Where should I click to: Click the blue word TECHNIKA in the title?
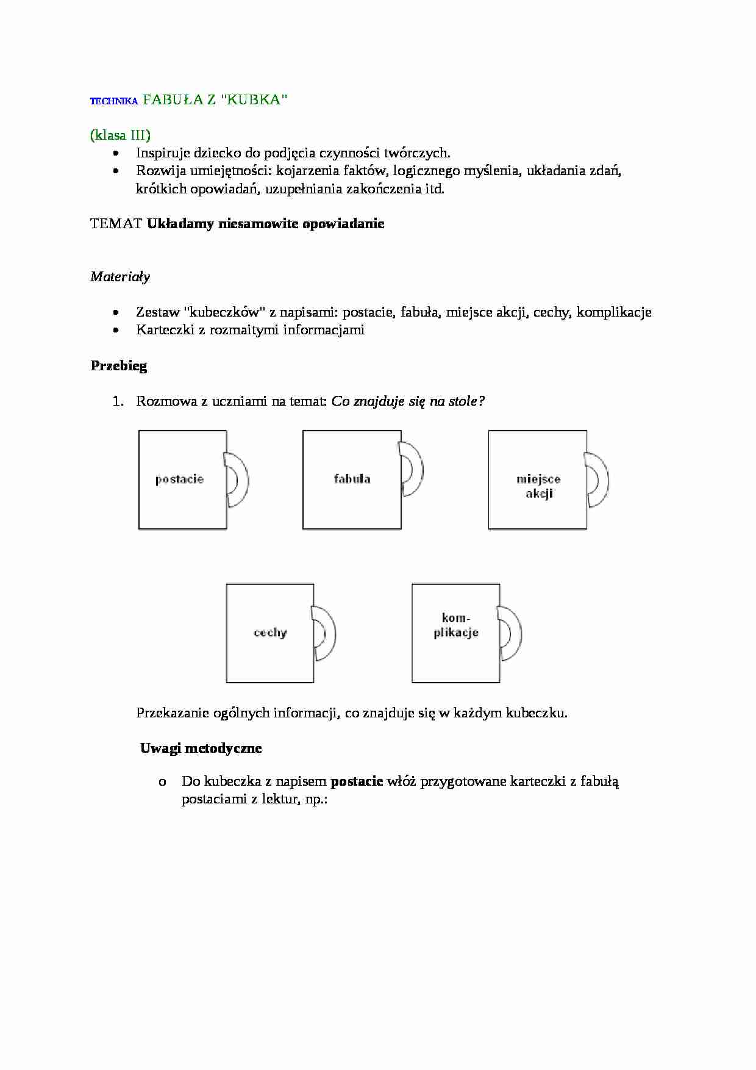[114, 102]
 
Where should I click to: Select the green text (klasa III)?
[120, 135]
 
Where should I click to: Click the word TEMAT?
[116, 223]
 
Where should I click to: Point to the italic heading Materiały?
[120, 277]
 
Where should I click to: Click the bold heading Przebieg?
[119, 366]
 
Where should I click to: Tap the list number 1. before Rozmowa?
[118, 401]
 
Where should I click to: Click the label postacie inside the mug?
[179, 479]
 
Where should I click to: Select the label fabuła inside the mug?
[352, 479]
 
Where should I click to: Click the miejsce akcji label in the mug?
[538, 486]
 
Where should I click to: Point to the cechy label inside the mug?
[270, 633]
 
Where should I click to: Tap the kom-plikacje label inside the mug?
[456, 626]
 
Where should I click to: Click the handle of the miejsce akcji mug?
[601, 479]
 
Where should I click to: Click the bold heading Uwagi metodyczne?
[201, 749]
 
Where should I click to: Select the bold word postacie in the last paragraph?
[357, 781]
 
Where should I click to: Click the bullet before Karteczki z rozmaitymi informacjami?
[116, 330]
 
